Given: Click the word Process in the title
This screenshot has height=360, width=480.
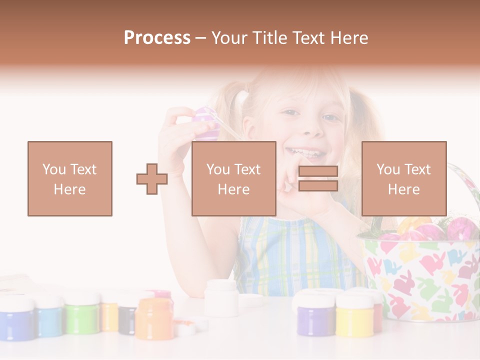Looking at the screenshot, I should click(x=157, y=38).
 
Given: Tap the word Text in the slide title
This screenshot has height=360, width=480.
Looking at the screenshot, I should click(x=309, y=38).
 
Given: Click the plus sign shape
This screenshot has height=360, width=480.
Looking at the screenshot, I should click(x=152, y=179).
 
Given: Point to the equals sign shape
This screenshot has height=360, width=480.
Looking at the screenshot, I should click(x=318, y=179).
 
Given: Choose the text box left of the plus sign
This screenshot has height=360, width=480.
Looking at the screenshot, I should click(x=70, y=179).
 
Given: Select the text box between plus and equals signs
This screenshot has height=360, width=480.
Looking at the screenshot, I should click(x=234, y=179).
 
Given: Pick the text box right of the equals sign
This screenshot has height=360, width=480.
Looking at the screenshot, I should click(x=404, y=179).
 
